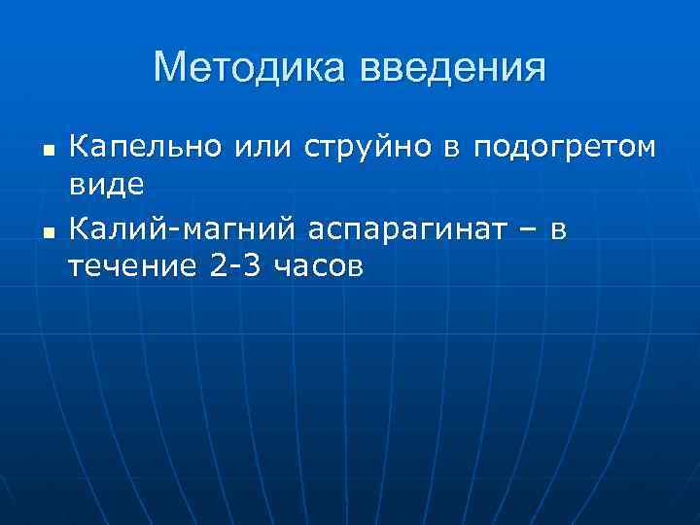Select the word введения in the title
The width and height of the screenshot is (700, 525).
point(453,68)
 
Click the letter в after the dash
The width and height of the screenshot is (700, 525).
point(557,230)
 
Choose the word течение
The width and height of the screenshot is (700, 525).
point(132,265)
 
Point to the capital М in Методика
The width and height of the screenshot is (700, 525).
point(171,68)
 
